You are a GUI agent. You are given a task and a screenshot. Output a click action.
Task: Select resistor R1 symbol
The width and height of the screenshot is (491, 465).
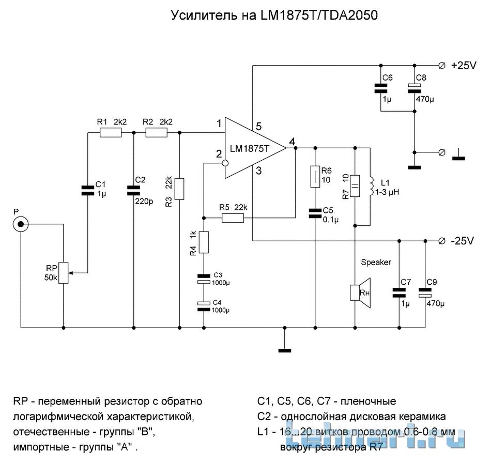(x=111, y=133)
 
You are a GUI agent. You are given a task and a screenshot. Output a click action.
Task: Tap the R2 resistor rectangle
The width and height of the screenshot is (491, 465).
(x=157, y=133)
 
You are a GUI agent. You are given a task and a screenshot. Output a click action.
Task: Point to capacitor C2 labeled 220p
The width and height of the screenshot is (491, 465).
(x=133, y=191)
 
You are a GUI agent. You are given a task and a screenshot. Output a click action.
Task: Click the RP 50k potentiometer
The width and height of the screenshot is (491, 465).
(x=63, y=273)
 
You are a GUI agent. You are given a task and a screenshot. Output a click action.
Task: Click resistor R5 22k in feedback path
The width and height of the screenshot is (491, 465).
(x=233, y=219)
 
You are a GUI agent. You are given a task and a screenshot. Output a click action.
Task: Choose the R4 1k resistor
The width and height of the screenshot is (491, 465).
(x=204, y=243)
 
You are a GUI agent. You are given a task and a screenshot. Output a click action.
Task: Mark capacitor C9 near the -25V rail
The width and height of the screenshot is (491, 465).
(x=425, y=293)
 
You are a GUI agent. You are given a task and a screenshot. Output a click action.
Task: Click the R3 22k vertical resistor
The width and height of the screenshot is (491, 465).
(x=179, y=189)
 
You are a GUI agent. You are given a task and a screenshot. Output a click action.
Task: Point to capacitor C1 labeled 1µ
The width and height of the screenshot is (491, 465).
(x=87, y=191)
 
